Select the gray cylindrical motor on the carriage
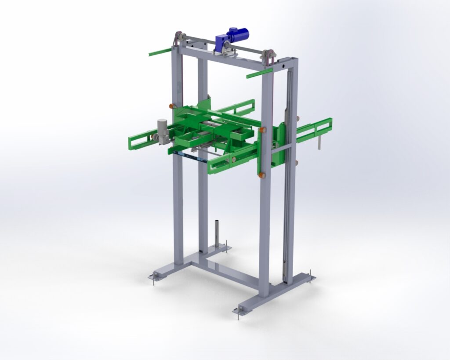click(163, 131)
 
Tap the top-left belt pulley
click(178, 39)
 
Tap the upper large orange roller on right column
click(263, 130)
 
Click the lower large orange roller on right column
click(262, 175)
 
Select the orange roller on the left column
click(172, 106)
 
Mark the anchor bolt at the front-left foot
click(153, 278)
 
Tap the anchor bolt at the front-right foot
click(238, 313)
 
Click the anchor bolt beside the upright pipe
click(226, 244)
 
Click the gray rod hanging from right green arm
click(320, 142)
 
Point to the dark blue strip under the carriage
click(185, 155)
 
